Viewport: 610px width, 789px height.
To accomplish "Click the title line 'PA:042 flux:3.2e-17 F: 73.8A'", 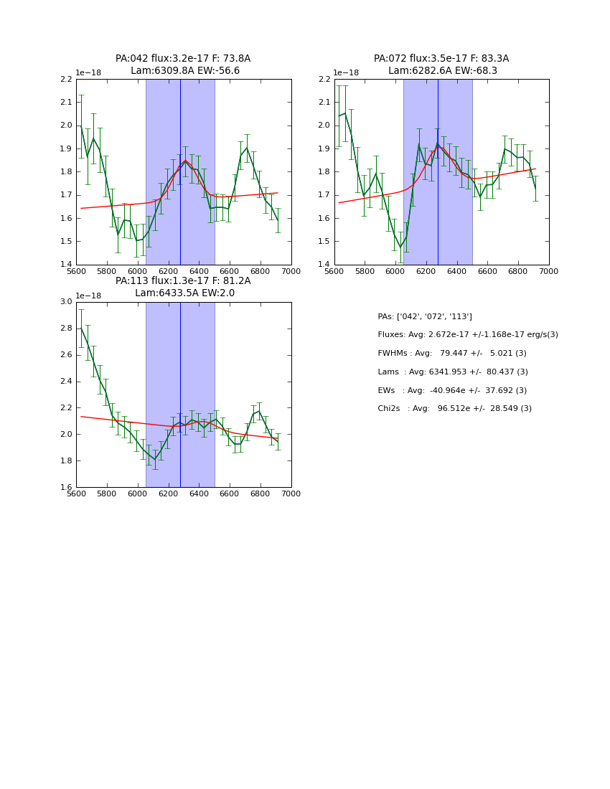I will point(183,59).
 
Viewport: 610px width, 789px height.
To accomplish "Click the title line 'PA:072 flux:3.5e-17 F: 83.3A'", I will point(441,59).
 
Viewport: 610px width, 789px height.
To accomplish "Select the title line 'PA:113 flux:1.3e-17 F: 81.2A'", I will point(183,281).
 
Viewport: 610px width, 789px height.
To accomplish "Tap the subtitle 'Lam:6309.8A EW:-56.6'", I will point(185,71).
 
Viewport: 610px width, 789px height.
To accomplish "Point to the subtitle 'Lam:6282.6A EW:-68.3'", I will point(443,71).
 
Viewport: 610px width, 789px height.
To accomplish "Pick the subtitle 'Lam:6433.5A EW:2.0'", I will point(184,293).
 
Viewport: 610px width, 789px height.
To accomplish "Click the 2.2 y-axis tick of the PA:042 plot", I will point(66,80).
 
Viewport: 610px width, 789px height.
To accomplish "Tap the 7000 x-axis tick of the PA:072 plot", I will point(548,272).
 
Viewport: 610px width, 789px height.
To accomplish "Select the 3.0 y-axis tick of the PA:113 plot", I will point(66,302).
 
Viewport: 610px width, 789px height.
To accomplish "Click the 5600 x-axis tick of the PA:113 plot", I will point(76,494).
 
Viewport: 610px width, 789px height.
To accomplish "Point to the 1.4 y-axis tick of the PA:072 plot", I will point(324,265).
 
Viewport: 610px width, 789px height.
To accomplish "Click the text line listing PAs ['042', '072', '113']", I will point(425,316).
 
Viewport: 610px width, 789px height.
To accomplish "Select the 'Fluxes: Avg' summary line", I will point(468,335).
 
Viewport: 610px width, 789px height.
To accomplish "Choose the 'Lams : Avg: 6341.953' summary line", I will point(453,372).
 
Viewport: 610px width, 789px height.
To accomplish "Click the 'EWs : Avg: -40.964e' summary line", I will point(452,391).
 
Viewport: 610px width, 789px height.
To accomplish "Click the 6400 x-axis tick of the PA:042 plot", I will point(199,272).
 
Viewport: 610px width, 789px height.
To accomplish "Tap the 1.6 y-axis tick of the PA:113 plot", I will point(66,487).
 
